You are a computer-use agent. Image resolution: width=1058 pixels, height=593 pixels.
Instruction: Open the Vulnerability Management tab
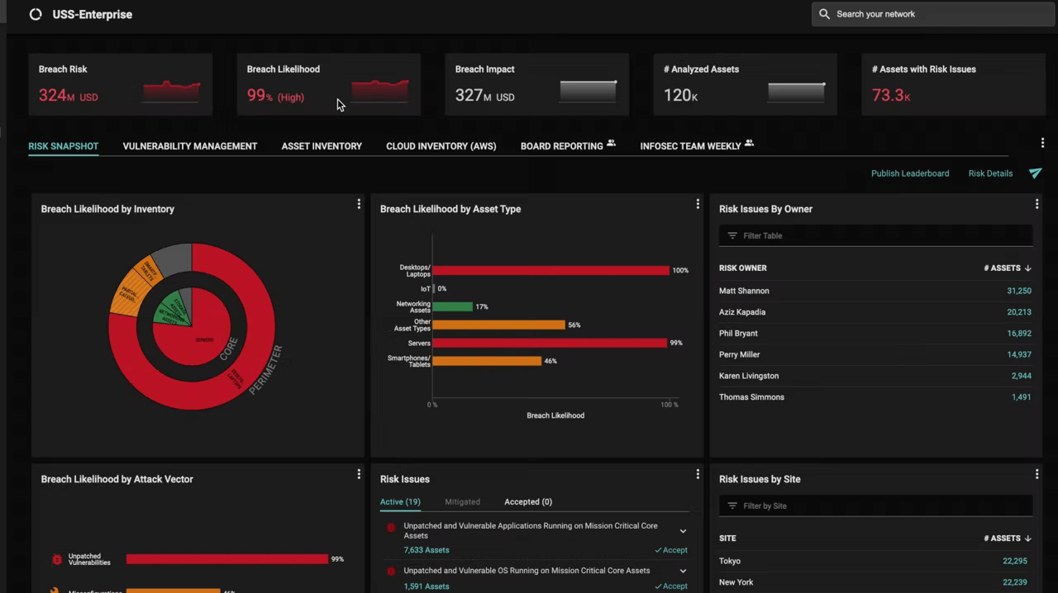click(x=190, y=146)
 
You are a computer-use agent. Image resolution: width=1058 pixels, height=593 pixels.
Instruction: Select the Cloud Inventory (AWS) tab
click(x=441, y=146)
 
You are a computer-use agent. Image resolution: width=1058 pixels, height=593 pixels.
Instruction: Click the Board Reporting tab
click(x=562, y=146)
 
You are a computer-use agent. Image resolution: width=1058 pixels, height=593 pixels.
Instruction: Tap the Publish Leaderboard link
click(x=909, y=173)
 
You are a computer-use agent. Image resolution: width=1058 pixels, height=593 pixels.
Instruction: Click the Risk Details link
click(x=990, y=173)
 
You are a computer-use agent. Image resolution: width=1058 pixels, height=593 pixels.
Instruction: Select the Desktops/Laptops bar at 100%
click(x=550, y=270)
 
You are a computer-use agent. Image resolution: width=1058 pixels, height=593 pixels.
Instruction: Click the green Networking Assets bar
click(x=452, y=306)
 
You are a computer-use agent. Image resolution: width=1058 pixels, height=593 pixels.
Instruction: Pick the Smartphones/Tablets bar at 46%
click(x=486, y=361)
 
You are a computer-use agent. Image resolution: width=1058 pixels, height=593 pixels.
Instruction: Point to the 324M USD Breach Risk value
click(x=68, y=96)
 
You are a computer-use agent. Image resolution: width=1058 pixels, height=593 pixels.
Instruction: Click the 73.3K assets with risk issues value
click(x=890, y=96)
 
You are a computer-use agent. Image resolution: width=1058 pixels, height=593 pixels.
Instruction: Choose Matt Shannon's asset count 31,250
click(x=1018, y=291)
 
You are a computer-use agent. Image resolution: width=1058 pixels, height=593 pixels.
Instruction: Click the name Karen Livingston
click(x=749, y=376)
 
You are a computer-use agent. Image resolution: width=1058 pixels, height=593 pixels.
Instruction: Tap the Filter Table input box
click(x=875, y=235)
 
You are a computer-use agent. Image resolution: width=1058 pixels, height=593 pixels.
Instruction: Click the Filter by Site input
click(x=875, y=505)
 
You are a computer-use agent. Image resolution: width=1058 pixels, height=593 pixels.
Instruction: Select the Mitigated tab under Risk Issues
click(x=462, y=501)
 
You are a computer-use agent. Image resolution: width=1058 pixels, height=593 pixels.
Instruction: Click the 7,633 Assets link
click(x=427, y=550)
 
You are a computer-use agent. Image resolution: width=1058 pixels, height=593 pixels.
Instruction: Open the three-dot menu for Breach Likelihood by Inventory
click(x=359, y=204)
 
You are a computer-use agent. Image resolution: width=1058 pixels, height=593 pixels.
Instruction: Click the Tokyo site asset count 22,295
click(x=1013, y=561)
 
